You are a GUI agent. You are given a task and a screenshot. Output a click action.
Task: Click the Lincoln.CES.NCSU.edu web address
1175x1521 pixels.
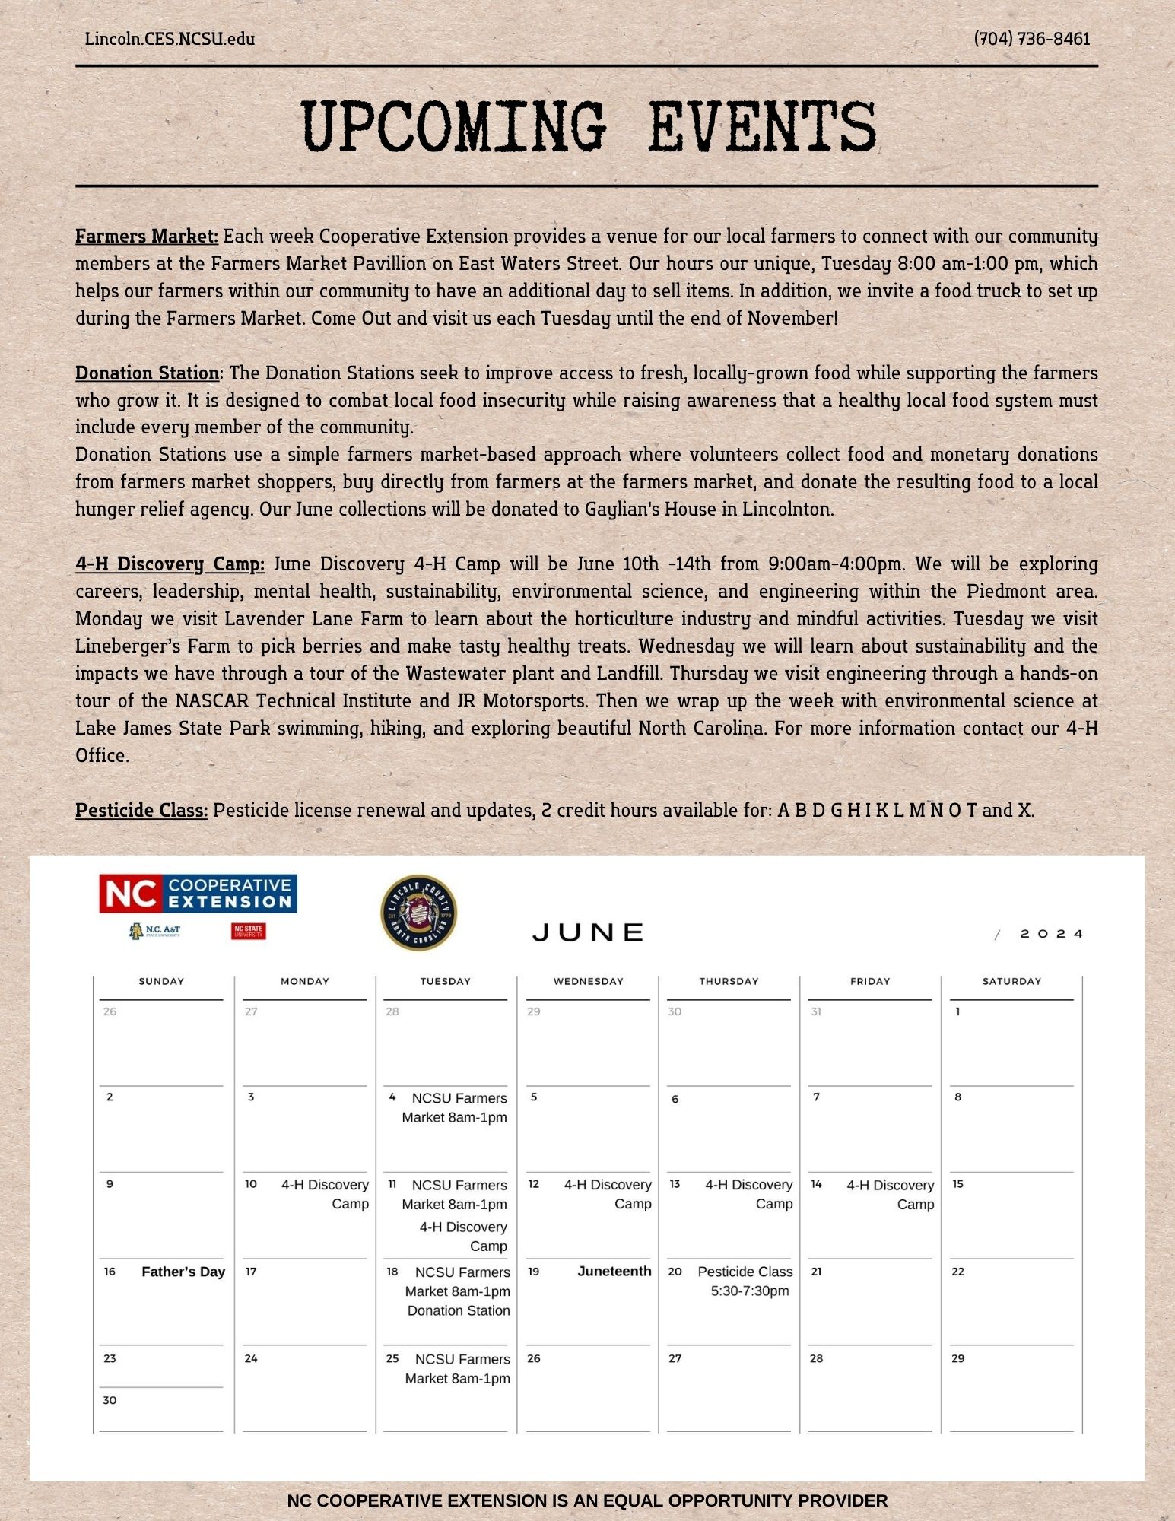(x=170, y=39)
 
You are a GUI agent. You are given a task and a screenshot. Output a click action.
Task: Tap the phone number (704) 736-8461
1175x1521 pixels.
(x=1032, y=39)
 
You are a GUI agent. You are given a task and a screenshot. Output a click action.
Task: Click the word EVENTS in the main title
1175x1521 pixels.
(x=763, y=127)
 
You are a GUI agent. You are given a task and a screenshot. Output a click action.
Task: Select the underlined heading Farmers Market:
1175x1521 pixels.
(x=147, y=237)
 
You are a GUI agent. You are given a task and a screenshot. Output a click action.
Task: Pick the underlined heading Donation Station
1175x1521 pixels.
(x=148, y=373)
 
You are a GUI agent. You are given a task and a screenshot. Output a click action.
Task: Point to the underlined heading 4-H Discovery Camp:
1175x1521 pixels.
(x=170, y=564)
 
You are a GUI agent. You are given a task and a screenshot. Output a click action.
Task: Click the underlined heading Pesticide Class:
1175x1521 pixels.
(x=141, y=811)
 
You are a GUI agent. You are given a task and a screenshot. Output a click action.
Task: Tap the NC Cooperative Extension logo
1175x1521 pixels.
(x=198, y=894)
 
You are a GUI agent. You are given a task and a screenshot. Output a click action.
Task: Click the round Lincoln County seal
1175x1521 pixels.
(x=418, y=913)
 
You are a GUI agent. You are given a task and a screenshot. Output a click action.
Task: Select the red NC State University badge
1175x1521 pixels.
(x=249, y=931)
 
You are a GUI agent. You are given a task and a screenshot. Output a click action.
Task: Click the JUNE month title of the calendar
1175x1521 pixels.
(x=589, y=933)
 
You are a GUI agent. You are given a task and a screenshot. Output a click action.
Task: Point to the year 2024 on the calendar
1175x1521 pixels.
(x=1052, y=934)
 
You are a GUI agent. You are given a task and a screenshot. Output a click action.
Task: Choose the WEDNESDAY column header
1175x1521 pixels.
(x=588, y=982)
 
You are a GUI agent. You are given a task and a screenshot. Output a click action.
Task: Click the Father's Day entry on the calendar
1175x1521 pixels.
(x=183, y=1272)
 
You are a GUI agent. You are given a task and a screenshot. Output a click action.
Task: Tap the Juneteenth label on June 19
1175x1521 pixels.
(x=614, y=1272)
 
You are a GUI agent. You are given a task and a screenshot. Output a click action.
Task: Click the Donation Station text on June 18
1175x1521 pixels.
(x=459, y=1311)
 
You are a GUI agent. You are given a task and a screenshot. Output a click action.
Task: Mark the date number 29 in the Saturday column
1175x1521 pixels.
(x=958, y=1359)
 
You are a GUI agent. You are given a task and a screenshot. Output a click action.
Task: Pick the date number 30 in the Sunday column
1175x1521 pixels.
(x=110, y=1401)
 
